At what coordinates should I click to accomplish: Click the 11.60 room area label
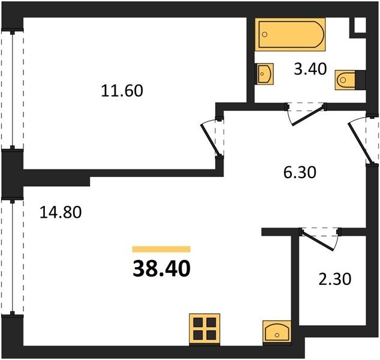pyautogui.click(x=122, y=91)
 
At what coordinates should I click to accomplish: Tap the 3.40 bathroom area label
pyautogui.click(x=310, y=69)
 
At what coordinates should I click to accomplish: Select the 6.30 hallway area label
pyautogui.click(x=300, y=173)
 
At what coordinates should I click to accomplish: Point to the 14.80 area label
pyautogui.click(x=61, y=212)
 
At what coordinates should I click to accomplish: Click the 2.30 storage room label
pyautogui.click(x=334, y=279)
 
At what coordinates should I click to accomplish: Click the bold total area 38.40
pyautogui.click(x=161, y=269)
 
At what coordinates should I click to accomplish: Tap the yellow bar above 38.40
pyautogui.click(x=161, y=249)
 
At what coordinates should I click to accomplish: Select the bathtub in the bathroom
pyautogui.click(x=290, y=34)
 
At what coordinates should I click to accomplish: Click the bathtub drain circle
pyautogui.click(x=265, y=34)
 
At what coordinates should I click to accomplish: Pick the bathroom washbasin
pyautogui.click(x=265, y=74)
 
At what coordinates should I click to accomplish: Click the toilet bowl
pyautogui.click(x=345, y=80)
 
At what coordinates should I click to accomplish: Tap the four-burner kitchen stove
pyautogui.click(x=204, y=329)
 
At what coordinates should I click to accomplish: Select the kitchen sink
pyautogui.click(x=277, y=332)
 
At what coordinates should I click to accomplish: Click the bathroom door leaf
pyautogui.click(x=308, y=116)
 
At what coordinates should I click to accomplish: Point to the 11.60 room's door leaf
pyautogui.click(x=210, y=140)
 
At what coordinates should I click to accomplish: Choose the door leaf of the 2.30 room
pyautogui.click(x=317, y=241)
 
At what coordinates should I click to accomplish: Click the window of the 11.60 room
pyautogui.click(x=13, y=89)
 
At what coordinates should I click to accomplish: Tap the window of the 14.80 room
pyautogui.click(x=13, y=257)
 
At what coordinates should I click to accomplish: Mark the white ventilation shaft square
pyautogui.click(x=360, y=25)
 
